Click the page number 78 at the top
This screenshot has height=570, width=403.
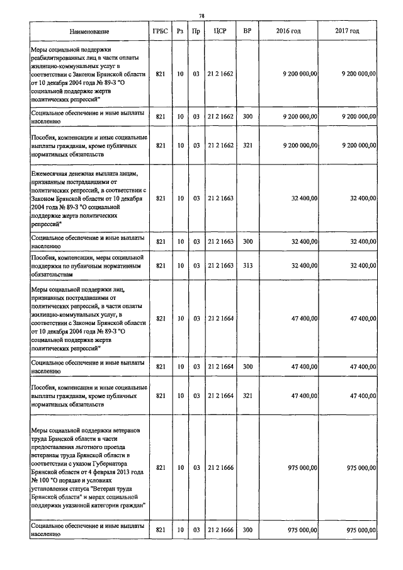201,16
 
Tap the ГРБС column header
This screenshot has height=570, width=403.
160,31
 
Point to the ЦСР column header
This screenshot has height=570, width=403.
220,31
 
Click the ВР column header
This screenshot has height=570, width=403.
247,31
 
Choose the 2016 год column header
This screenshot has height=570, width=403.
288,31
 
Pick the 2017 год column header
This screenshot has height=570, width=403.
348,31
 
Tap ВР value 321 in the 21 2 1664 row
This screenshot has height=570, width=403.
247,396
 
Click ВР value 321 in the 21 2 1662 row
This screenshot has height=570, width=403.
247,145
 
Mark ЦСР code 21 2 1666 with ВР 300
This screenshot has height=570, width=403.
220,530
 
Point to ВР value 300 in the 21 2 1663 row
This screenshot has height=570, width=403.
247,241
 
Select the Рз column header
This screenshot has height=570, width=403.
180,31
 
